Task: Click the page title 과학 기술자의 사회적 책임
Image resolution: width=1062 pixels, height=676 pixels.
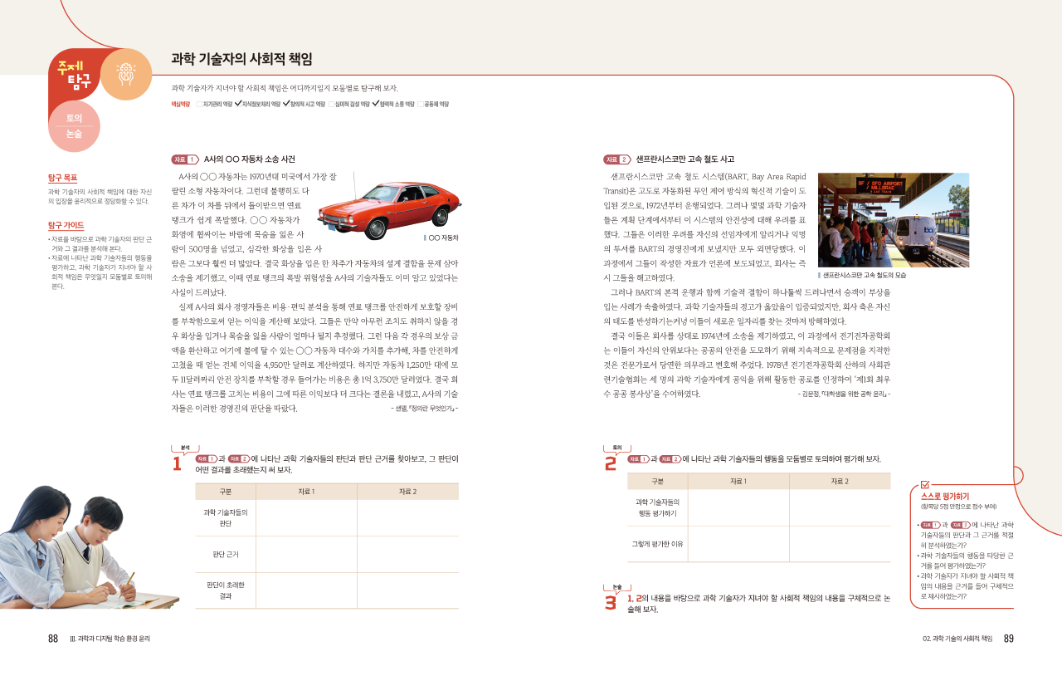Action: [x=241, y=59]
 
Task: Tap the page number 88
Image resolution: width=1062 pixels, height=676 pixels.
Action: [x=53, y=639]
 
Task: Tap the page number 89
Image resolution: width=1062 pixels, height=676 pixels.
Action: [x=1008, y=639]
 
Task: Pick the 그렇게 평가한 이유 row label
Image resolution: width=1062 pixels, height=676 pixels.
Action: [x=657, y=544]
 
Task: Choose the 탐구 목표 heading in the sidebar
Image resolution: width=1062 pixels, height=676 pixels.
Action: [x=62, y=178]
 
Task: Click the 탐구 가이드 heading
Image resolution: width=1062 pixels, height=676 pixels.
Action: [x=66, y=225]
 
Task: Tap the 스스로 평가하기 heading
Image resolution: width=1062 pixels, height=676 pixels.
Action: [x=945, y=497]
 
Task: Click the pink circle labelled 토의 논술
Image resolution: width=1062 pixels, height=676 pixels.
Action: [x=74, y=126]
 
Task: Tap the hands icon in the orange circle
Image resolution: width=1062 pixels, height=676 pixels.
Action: [x=126, y=74]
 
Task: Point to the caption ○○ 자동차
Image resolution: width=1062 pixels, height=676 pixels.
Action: [x=442, y=238]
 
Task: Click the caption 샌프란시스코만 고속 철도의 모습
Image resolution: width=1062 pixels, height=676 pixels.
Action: [x=863, y=275]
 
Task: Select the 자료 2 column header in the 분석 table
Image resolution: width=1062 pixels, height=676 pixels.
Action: [x=407, y=492]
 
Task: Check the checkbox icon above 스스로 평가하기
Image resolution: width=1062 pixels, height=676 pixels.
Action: [x=925, y=484]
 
